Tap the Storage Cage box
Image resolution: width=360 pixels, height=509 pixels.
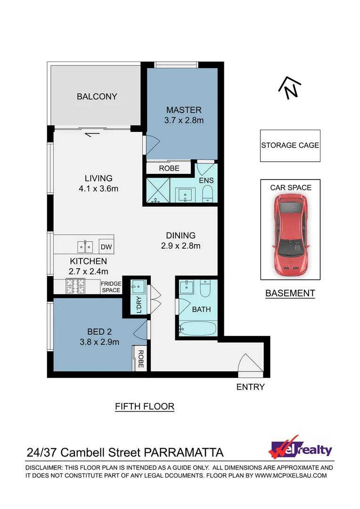pyautogui.click(x=290, y=146)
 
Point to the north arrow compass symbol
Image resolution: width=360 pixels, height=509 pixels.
pyautogui.click(x=290, y=88)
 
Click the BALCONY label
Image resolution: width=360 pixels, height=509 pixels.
pyautogui.click(x=97, y=97)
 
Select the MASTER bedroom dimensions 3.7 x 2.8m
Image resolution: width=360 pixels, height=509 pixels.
pyautogui.click(x=183, y=121)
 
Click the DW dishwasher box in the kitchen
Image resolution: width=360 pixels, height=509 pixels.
pyautogui.click(x=106, y=246)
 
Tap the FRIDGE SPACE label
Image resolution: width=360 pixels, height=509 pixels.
pyautogui.click(x=111, y=287)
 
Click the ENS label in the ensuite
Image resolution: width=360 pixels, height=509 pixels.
pyautogui.click(x=205, y=181)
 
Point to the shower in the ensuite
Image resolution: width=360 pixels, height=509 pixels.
pyautogui.click(x=157, y=191)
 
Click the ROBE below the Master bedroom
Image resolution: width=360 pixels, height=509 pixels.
pyautogui.click(x=169, y=168)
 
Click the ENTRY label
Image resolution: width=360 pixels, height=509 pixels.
pyautogui.click(x=250, y=387)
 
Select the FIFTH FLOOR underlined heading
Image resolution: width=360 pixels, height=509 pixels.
pyautogui.click(x=145, y=406)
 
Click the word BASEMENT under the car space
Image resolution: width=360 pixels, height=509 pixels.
pyautogui.click(x=290, y=293)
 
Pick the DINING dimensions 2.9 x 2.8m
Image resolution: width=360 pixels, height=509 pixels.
pyautogui.click(x=180, y=246)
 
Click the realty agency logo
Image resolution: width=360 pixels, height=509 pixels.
pyautogui.click(x=300, y=448)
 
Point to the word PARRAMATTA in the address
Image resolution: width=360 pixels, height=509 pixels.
pyautogui.click(x=184, y=453)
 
